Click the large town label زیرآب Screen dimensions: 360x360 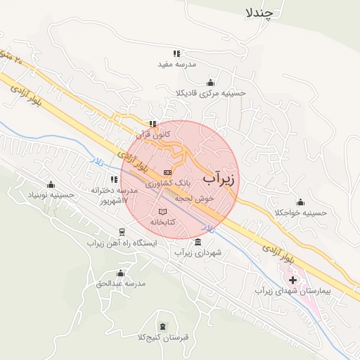coord(220,179)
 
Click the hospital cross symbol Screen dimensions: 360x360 coord(293,280)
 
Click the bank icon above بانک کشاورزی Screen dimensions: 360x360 coord(167,172)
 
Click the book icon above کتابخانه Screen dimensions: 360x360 coord(163,211)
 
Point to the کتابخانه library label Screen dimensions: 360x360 coord(162,221)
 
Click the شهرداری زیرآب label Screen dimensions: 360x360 coord(198,252)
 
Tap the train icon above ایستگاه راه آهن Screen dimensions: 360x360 coord(122,232)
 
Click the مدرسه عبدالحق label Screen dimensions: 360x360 coord(121,283)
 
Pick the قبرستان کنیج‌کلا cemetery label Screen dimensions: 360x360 coord(163,337)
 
